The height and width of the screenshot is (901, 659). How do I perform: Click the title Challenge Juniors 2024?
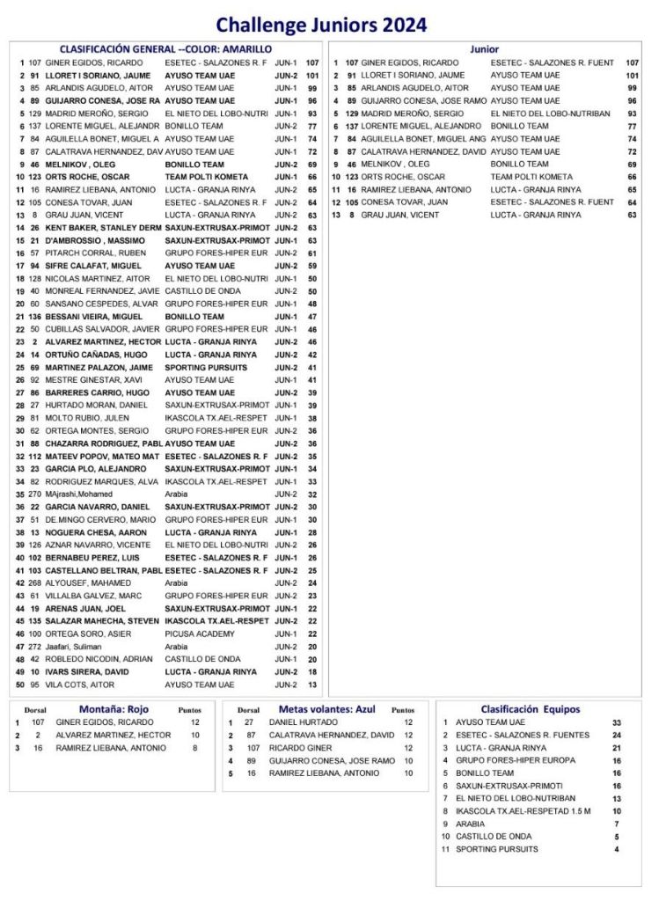(x=321, y=25)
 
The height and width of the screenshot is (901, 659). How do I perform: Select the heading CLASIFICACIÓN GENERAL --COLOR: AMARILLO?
(x=165, y=49)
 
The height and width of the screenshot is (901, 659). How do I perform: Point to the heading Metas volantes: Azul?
(x=326, y=708)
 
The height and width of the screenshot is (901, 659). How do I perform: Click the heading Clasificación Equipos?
(x=530, y=708)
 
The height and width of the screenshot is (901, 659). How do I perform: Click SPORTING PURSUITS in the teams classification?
(x=496, y=849)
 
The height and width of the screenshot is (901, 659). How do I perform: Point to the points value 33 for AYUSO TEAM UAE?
(x=617, y=722)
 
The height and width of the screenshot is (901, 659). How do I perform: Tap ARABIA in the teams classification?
(x=471, y=824)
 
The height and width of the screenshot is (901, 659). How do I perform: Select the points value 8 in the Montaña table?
(x=194, y=748)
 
